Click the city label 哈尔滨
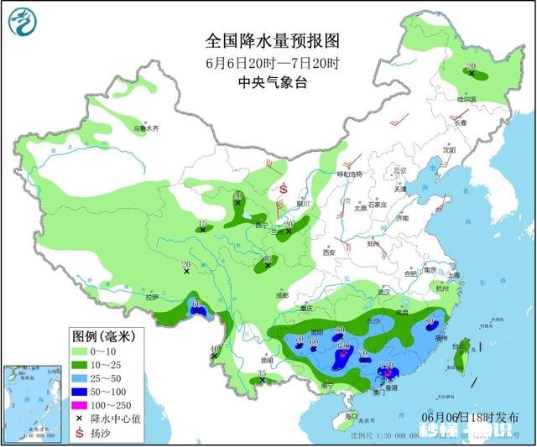click(x=467, y=99)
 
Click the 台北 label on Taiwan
click(x=458, y=345)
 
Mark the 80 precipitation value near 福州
click(x=429, y=320)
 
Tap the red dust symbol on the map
click(x=284, y=188)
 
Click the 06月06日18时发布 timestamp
click(x=471, y=417)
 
